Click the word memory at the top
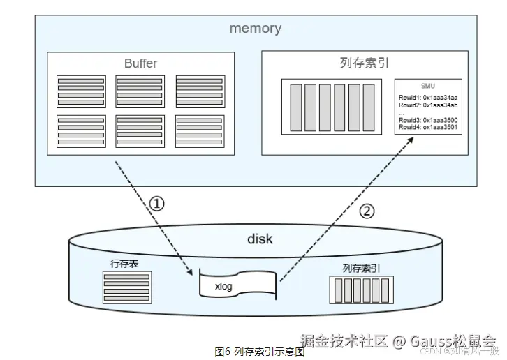click(255, 29)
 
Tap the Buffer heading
click(140, 63)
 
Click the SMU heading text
click(427, 85)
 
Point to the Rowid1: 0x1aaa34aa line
click(428, 97)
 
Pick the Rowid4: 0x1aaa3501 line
click(428, 127)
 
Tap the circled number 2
click(367, 211)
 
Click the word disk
click(260, 239)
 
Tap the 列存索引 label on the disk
click(361, 268)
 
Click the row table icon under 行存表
click(126, 287)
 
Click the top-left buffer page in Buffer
click(81, 91)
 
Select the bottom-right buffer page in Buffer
click(200, 131)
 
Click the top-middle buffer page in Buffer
click(140, 91)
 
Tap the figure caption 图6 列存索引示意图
click(259, 352)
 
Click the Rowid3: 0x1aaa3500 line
click(428, 120)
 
